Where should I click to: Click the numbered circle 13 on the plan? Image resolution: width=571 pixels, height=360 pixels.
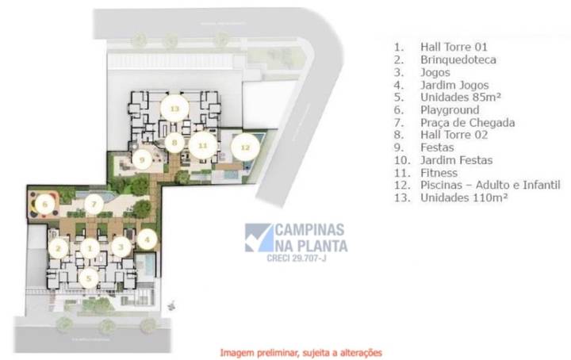174,107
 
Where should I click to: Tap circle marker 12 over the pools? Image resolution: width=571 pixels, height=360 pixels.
245,147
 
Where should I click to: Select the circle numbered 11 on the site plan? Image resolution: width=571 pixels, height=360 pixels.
202,145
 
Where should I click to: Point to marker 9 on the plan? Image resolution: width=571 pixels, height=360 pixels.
143,160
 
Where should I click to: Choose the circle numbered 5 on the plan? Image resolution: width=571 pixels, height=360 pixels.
90,277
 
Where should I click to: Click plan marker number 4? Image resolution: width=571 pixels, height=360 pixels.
146,237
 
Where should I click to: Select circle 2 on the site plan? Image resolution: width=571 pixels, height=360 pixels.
57,247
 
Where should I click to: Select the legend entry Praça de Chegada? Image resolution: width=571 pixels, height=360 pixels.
468,123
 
